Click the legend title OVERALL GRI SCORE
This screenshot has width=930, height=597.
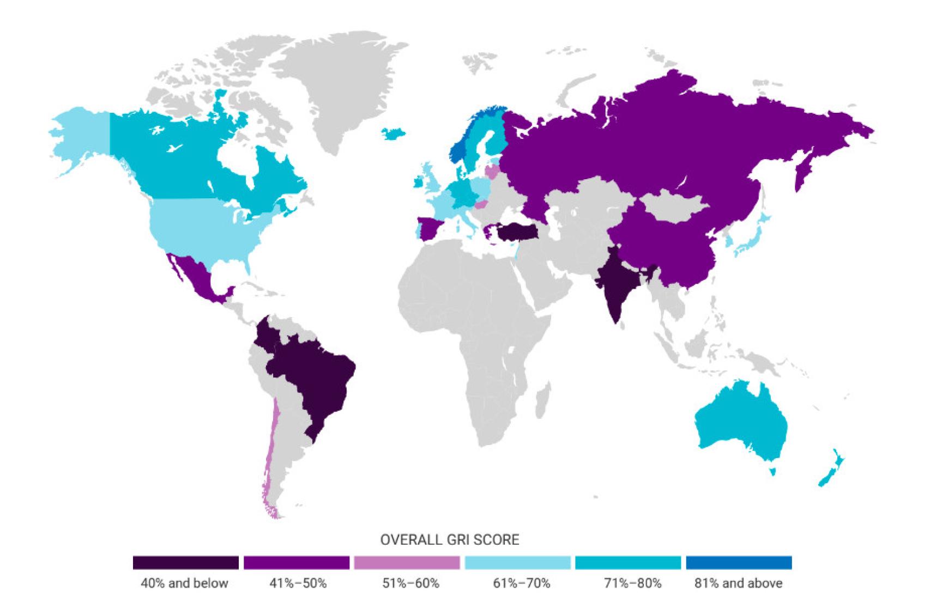pos(449,540)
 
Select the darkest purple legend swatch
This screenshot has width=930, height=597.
pos(185,563)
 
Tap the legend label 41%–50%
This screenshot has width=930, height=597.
pos(298,583)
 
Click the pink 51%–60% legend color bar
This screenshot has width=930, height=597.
pos(407,563)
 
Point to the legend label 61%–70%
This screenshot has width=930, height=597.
pos(521,583)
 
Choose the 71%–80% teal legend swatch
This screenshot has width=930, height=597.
pos(628,563)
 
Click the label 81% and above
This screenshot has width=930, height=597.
pos(738,583)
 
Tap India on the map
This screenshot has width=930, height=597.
pos(616,283)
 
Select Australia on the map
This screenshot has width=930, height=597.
pos(741,425)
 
